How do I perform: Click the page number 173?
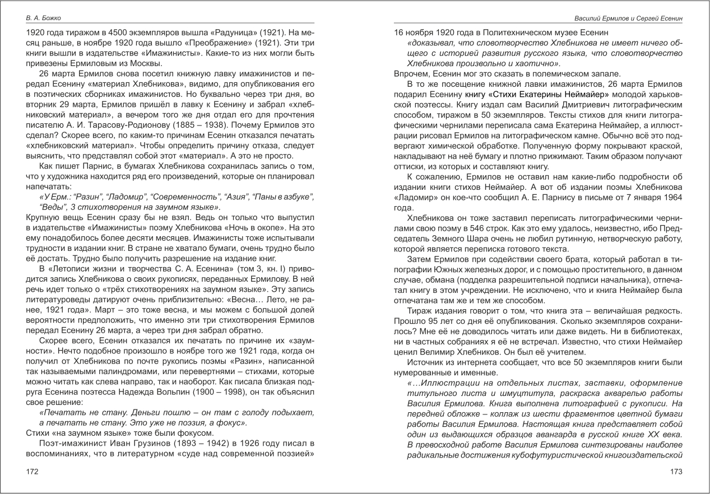point(676,472)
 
